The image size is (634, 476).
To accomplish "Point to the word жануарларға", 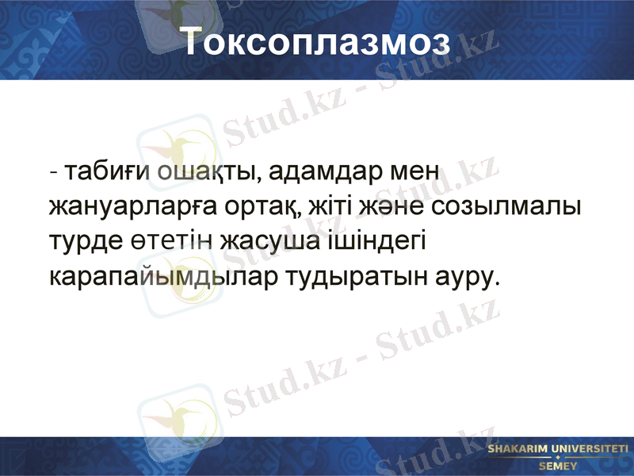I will (x=129, y=208).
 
